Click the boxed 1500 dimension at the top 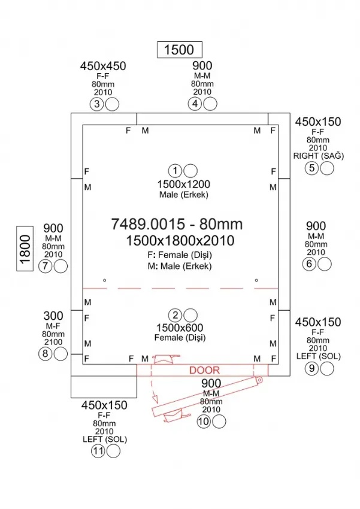179,49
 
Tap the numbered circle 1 175,170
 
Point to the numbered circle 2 175,315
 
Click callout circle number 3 97,104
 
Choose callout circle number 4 195,104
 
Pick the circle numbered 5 311,168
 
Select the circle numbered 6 310,264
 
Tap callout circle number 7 44,267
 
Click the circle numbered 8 45,354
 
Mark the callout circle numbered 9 311,369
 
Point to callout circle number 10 204,422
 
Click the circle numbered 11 98,452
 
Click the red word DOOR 204,371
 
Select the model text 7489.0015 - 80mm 177,224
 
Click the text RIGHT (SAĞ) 318,156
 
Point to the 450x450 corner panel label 103,66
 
